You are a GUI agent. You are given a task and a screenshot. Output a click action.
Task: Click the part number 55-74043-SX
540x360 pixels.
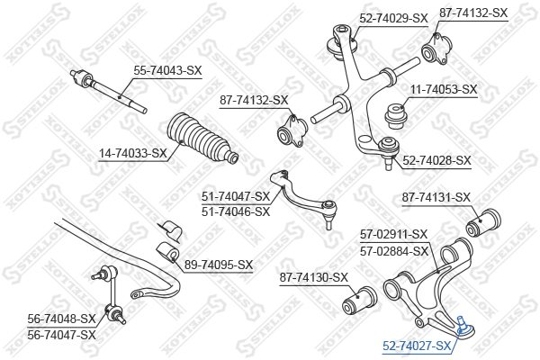tap(167, 71)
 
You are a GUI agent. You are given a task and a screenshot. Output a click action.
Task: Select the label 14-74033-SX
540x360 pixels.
tap(133, 153)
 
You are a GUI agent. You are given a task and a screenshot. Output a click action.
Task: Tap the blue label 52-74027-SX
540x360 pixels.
tap(417, 346)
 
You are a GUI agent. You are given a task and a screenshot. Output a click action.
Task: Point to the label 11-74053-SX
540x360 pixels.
tap(443, 90)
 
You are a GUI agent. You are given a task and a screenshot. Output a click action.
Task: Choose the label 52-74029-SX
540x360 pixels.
tap(393, 18)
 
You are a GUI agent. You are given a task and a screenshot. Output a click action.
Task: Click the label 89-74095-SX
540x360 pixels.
tap(219, 265)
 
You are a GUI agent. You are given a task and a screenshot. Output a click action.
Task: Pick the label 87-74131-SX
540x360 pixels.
tap(436, 198)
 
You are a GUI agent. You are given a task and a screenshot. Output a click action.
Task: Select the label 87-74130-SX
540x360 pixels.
tap(314, 278)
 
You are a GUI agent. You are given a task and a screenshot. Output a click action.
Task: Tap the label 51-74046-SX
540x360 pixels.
tap(236, 211)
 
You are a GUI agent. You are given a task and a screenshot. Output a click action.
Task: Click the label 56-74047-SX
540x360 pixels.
tap(61, 335)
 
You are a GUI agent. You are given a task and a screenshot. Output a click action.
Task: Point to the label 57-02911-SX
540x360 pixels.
tap(393, 235)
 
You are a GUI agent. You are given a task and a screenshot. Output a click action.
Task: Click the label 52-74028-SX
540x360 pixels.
tap(436, 160)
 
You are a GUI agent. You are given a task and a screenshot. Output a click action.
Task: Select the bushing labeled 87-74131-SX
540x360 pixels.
tap(483, 223)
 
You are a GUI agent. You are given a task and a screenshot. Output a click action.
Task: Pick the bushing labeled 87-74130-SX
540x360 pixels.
tap(360, 301)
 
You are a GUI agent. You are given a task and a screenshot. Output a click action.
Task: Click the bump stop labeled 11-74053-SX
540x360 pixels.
tap(396, 116)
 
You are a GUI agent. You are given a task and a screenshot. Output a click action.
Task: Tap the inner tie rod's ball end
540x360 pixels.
tap(79, 77)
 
